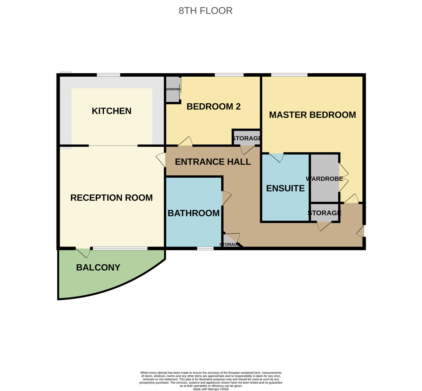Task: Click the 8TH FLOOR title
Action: click(x=205, y=11)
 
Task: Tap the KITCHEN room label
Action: click(x=111, y=111)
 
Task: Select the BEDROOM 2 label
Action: click(x=213, y=107)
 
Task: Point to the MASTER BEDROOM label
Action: click(x=312, y=115)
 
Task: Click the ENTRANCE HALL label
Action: click(x=213, y=162)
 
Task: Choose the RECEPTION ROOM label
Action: click(x=111, y=198)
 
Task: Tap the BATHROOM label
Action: click(x=193, y=213)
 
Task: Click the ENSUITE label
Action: click(x=285, y=188)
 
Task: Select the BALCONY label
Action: click(x=98, y=268)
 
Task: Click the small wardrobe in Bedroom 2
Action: click(x=172, y=89)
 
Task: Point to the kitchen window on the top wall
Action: click(x=108, y=75)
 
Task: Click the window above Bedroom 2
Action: click(x=229, y=75)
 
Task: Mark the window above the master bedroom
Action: click(x=289, y=75)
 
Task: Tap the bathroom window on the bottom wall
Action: click(x=205, y=249)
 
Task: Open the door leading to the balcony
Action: click(x=84, y=251)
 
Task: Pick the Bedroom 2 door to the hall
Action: click(x=185, y=142)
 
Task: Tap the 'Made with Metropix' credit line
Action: click(x=211, y=389)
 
